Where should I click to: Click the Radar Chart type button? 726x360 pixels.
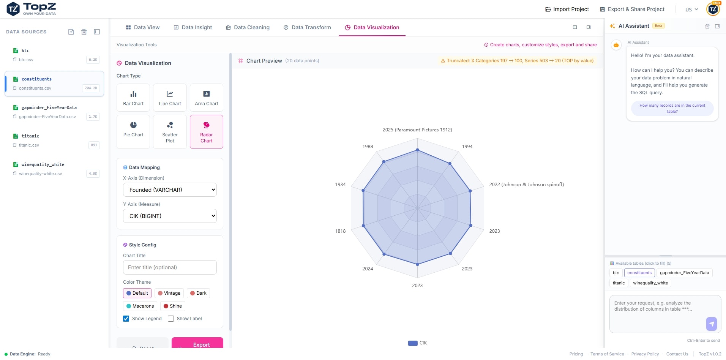pyautogui.click(x=206, y=131)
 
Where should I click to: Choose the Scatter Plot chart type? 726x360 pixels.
pyautogui.click(x=170, y=131)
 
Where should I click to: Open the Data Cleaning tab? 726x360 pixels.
pyautogui.click(x=248, y=27)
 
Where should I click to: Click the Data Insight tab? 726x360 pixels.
pyautogui.click(x=193, y=27)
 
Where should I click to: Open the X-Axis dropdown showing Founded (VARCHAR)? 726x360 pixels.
pyautogui.click(x=170, y=190)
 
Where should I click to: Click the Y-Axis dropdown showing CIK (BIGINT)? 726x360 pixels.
pyautogui.click(x=170, y=216)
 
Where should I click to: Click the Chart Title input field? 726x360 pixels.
pyautogui.click(x=170, y=267)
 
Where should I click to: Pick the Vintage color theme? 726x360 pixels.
pyautogui.click(x=169, y=293)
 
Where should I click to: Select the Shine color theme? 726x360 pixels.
pyautogui.click(x=173, y=306)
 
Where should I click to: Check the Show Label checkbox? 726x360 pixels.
pyautogui.click(x=171, y=319)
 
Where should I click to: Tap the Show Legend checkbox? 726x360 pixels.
pyautogui.click(x=126, y=319)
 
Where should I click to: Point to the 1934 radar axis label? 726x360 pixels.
pyautogui.click(x=340, y=185)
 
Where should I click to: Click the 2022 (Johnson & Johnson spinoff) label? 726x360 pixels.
pyautogui.click(x=526, y=185)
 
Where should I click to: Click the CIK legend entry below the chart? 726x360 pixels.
pyautogui.click(x=418, y=343)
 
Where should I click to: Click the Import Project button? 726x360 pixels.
pyautogui.click(x=567, y=9)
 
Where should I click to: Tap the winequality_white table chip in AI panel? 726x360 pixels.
pyautogui.click(x=650, y=283)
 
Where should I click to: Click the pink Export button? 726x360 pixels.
pyautogui.click(x=197, y=344)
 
